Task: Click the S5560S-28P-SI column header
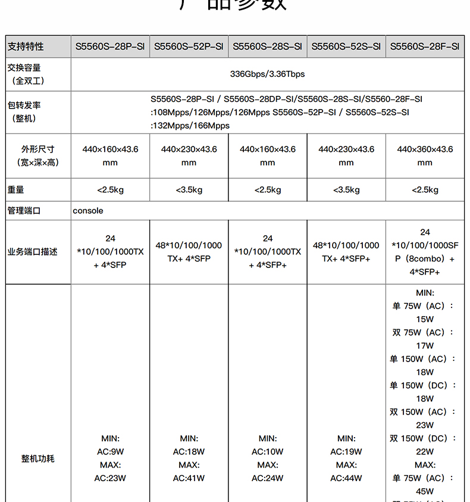110,46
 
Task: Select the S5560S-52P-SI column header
189,46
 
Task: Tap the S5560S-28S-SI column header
268,46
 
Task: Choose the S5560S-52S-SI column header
346,46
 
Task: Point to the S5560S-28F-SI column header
425,46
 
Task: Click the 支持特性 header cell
26,46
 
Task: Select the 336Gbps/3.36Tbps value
267,74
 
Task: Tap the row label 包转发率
24,105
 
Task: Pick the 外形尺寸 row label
37,149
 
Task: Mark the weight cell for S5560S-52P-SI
189,190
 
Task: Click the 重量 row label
16,190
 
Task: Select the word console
88,211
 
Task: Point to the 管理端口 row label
24,211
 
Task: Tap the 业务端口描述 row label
33,252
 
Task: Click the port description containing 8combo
425,252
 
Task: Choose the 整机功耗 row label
37,459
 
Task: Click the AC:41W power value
189,478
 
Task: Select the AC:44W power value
346,478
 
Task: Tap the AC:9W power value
110,452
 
